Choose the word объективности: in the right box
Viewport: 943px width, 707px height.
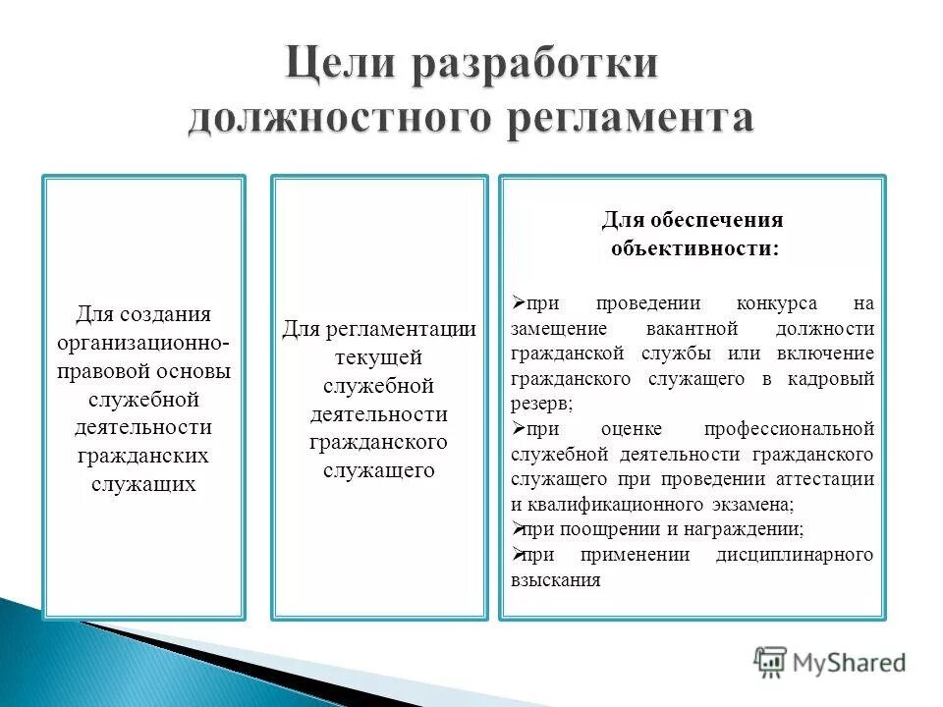click(693, 247)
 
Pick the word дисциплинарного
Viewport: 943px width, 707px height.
click(795, 556)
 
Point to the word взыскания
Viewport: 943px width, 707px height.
click(555, 580)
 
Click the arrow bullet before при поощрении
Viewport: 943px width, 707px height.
click(519, 529)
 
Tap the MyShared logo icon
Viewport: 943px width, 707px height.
click(771, 662)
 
